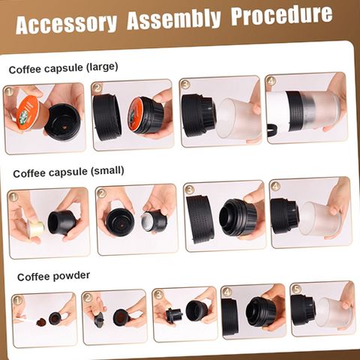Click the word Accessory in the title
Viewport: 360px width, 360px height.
(x=66, y=25)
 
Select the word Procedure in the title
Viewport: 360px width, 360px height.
(x=282, y=15)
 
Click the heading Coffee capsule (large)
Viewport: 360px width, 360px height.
(x=63, y=67)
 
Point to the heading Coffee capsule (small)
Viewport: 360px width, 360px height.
(x=68, y=172)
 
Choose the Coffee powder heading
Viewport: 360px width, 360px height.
(x=53, y=276)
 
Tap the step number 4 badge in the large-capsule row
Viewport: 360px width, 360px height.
(x=271, y=81)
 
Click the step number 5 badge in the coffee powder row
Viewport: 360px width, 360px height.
(x=296, y=289)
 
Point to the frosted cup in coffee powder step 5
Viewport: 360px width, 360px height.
(x=334, y=312)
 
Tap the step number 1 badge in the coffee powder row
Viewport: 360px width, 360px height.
(x=18, y=300)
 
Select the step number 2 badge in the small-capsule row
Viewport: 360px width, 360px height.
(x=102, y=193)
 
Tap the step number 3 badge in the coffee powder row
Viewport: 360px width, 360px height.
(x=159, y=295)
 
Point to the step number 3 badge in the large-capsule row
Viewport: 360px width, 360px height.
(x=185, y=84)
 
